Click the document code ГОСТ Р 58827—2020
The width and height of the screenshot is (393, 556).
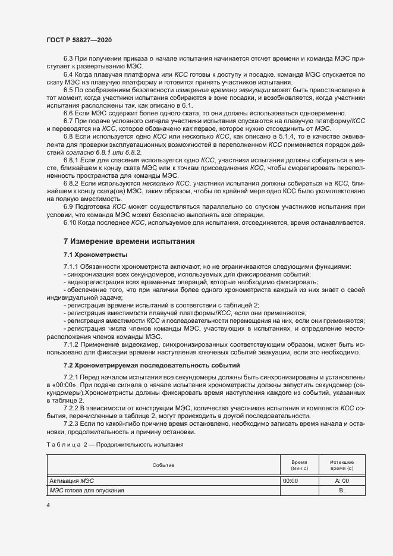coord(78,39)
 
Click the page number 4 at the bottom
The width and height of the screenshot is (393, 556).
coord(48,504)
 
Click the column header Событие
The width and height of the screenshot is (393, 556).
coord(163,464)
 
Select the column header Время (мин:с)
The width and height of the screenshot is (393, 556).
coord(299,464)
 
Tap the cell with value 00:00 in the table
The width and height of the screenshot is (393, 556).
coord(291,480)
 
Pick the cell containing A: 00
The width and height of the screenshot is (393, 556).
coord(342,480)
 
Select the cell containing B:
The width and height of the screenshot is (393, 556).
coord(342,490)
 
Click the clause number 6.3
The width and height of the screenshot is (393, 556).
coord(68,60)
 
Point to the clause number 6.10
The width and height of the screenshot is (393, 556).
coord(70,222)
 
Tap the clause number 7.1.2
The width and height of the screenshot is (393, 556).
coord(71,345)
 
